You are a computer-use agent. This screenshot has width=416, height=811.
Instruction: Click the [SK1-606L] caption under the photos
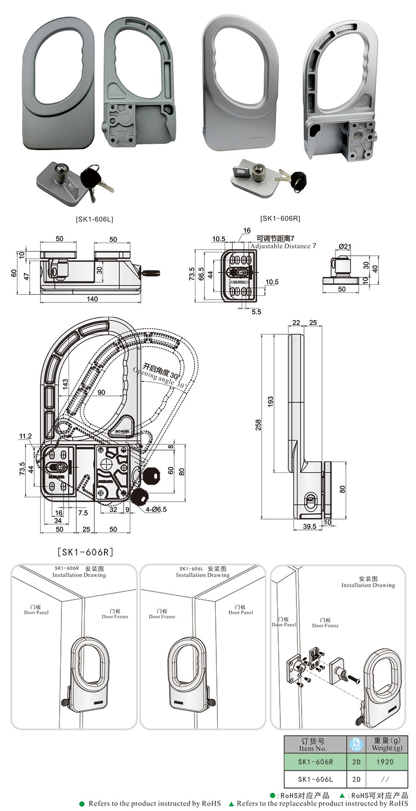click(94, 219)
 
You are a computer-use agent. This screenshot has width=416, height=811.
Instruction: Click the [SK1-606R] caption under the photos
click(280, 218)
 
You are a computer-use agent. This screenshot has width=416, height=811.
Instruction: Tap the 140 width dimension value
click(92, 299)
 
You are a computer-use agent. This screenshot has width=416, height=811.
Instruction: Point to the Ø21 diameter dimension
click(345, 246)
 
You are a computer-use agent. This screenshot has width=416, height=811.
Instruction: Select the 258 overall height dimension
click(258, 425)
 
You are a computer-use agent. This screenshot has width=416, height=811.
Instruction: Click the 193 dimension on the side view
click(270, 402)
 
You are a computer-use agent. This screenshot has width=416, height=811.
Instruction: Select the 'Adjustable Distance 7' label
click(283, 246)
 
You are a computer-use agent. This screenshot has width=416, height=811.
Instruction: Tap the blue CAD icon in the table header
click(356, 744)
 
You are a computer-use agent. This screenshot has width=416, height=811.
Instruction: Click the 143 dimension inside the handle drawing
click(64, 382)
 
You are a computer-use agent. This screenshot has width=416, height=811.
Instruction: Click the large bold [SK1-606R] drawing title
click(85, 551)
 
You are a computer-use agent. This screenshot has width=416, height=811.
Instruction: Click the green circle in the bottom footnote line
click(82, 803)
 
